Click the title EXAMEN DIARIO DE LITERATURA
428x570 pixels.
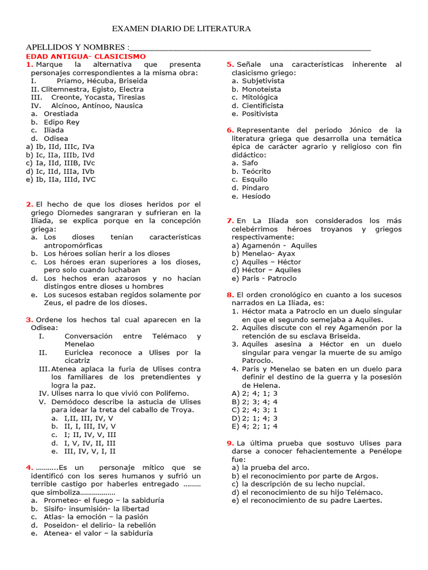click(x=182, y=28)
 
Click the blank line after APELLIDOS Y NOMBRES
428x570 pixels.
click(x=249, y=47)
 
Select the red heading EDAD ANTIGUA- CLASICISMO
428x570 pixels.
click(x=86, y=57)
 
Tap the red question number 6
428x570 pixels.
click(x=230, y=130)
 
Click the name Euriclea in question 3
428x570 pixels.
click(x=79, y=352)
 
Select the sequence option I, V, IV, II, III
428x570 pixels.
click(x=90, y=443)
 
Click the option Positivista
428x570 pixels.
click(x=260, y=114)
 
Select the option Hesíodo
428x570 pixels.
click(x=256, y=196)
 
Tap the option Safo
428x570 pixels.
click(x=250, y=163)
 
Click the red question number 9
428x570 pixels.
click(x=230, y=443)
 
